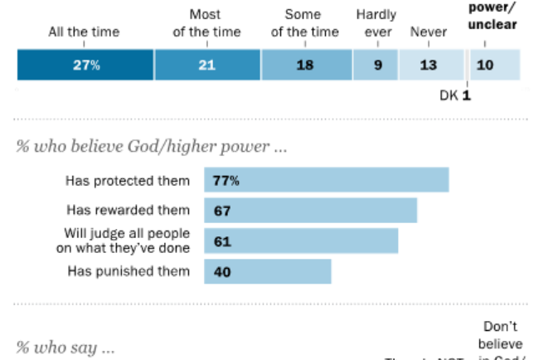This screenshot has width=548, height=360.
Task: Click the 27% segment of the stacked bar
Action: [85, 65]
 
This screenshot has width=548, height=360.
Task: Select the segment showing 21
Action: [207, 65]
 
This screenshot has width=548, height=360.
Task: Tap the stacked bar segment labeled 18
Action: [306, 65]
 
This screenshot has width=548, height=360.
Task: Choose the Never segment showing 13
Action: [429, 65]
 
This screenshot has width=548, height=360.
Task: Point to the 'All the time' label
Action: [84, 32]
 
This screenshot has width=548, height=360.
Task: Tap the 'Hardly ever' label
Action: [376, 23]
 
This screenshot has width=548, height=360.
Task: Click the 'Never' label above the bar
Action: [429, 32]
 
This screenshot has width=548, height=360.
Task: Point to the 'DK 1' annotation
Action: [455, 95]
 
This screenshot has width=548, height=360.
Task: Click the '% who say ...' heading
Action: [65, 348]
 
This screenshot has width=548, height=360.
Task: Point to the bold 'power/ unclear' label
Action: [492, 16]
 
